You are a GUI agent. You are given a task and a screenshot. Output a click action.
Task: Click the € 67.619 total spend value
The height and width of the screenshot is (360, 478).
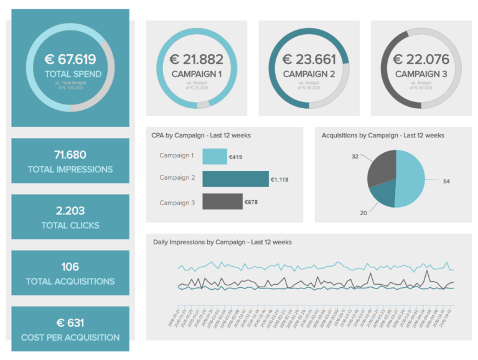[70, 60]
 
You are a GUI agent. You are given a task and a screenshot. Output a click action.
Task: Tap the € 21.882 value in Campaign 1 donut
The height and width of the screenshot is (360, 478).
[196, 60]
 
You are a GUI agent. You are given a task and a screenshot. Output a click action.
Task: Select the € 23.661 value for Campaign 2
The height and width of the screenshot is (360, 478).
[309, 60]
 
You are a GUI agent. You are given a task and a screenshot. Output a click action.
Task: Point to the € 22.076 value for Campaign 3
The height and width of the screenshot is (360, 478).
[421, 60]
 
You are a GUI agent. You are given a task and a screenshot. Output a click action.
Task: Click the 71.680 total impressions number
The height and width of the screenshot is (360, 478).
[70, 155]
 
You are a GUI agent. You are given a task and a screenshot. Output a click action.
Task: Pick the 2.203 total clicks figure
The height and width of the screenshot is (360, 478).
[70, 211]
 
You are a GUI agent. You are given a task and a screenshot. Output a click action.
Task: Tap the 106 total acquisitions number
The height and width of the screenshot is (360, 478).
[70, 267]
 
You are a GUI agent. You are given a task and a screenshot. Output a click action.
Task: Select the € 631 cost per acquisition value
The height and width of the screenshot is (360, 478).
[70, 323]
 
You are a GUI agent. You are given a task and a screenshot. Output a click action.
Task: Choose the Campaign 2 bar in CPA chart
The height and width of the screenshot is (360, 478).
[235, 180]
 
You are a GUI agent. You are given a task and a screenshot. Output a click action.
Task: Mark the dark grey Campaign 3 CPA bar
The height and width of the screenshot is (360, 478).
[222, 201]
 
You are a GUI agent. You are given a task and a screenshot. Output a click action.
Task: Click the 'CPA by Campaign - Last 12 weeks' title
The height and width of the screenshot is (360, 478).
[201, 135]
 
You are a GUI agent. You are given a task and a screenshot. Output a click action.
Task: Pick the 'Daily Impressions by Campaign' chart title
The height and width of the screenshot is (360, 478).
[222, 242]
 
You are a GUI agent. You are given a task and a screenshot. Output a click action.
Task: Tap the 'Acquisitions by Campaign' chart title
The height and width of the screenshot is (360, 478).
[383, 135]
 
